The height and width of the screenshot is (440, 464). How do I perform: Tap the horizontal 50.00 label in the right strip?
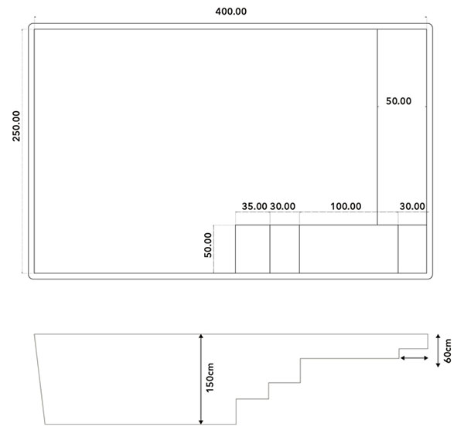[399, 101]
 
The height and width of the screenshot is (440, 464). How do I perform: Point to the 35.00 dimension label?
[254, 206]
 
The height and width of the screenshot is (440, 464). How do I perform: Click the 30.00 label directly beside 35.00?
[282, 206]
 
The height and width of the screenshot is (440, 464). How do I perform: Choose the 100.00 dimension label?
[346, 206]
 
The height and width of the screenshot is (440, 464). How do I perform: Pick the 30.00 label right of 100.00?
[412, 206]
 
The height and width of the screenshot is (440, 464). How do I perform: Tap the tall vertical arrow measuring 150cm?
[201, 378]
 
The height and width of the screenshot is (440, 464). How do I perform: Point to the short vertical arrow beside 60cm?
[438, 348]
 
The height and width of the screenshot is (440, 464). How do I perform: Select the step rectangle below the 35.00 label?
[252, 249]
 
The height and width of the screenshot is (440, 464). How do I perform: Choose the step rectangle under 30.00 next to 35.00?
[284, 249]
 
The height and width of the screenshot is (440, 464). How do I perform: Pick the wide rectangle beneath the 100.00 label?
[348, 249]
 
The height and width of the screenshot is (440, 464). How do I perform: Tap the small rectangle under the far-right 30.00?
[412, 249]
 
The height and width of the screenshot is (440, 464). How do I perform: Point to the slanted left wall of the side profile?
[41, 378]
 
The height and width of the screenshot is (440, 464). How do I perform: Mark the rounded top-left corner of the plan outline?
[33, 27]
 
